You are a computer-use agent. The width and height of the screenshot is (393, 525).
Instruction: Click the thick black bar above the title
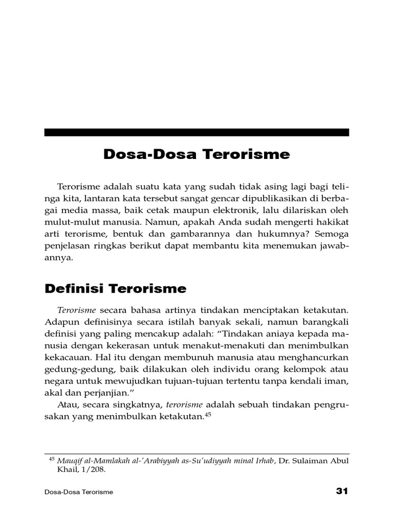point(196,132)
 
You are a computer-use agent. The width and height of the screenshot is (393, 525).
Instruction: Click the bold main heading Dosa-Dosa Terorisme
point(196,154)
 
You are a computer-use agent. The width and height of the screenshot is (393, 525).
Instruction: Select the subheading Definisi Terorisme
point(115,289)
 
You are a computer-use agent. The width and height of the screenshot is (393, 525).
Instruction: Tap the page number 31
point(342,491)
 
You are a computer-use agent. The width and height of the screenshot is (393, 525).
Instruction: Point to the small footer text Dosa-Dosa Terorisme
point(79,492)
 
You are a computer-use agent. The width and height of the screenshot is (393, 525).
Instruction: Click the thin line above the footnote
point(196,454)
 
